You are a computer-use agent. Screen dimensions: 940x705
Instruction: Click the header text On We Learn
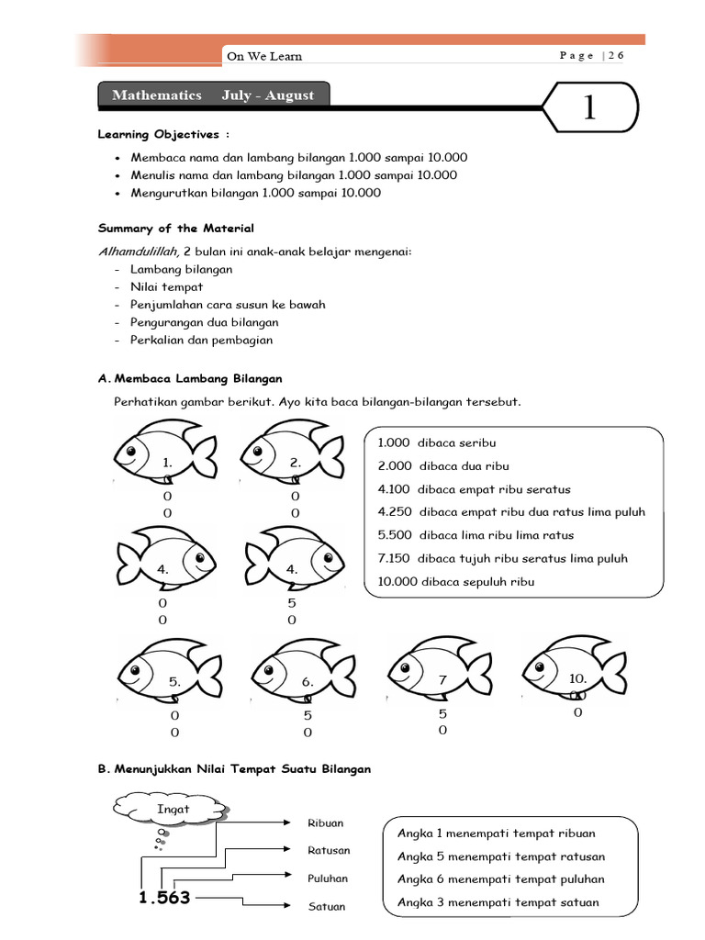[264, 56]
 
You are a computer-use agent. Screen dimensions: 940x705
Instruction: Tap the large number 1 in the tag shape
[589, 109]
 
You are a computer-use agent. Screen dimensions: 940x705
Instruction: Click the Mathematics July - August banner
[212, 95]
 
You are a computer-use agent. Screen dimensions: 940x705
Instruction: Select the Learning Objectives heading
[158, 134]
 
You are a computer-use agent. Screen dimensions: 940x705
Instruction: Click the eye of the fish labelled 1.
[130, 451]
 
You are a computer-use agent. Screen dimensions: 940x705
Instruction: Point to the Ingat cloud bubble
[173, 811]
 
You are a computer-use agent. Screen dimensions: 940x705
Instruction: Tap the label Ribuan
[326, 823]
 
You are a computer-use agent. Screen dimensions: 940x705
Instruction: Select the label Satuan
[326, 907]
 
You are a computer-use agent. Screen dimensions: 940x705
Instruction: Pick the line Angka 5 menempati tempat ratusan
[500, 856]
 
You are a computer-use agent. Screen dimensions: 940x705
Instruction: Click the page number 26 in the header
[615, 55]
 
